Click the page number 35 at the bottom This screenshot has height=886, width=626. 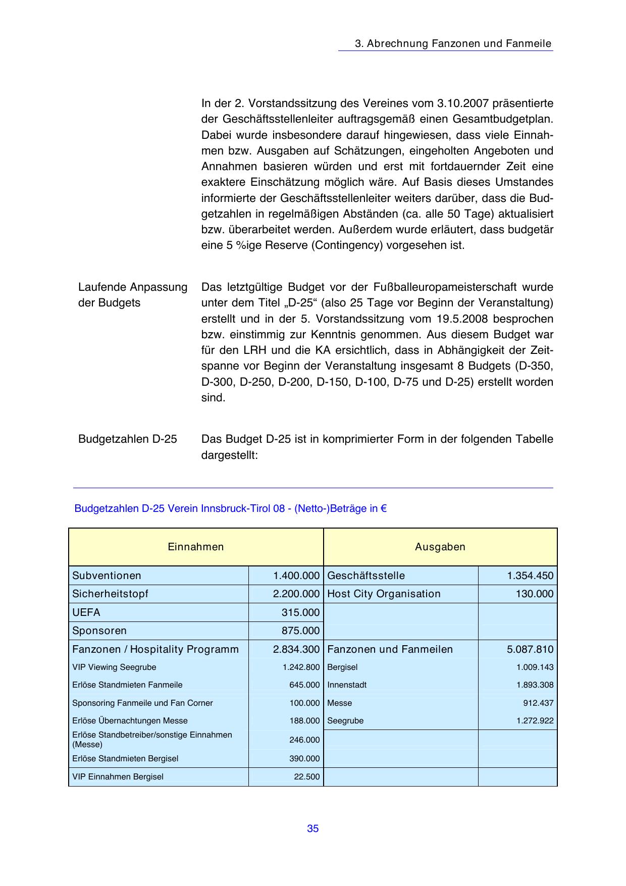312,828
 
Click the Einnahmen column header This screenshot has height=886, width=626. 195,547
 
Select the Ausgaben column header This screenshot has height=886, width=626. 440,547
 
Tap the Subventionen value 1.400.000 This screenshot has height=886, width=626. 296,576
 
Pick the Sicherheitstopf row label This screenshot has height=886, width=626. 110,594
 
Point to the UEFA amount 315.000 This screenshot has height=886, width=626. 300,612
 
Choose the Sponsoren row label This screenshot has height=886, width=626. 99,631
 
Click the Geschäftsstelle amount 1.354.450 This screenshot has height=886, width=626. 530,576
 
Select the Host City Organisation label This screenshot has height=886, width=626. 384,594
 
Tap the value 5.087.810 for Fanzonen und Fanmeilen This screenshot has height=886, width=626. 530,649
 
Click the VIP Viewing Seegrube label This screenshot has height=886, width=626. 114,667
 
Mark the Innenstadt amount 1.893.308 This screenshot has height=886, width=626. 535,685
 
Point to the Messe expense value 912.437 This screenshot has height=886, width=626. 538,703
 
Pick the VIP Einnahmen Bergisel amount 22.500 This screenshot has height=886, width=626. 307,776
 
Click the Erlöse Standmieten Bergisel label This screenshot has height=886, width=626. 125,758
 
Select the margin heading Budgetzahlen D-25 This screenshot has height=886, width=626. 128,439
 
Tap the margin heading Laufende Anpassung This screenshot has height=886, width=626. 133,287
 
